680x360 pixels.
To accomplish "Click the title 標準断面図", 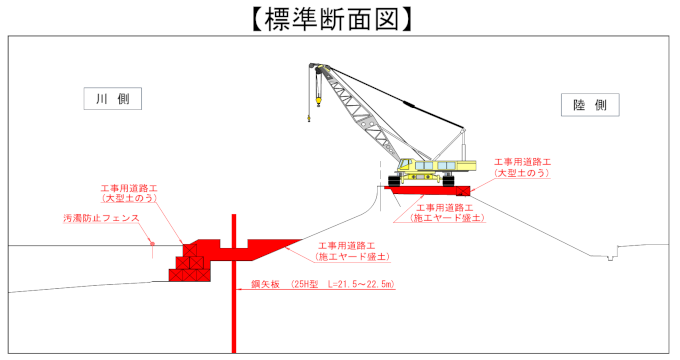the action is coord(332,20).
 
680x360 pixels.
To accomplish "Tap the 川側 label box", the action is coord(113,99).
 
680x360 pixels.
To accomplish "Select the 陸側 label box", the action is coord(590,105).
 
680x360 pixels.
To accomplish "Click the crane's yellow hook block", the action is coord(318,102).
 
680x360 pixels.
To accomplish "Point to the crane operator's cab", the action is coord(405,165).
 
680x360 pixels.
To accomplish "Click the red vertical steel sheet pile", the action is coord(234,283).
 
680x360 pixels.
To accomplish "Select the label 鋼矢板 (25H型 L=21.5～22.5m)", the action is coord(323,285).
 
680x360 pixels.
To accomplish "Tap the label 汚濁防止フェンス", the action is coord(101,218).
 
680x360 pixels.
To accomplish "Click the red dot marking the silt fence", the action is coord(152,244).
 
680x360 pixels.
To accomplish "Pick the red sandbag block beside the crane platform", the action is coord(463,191).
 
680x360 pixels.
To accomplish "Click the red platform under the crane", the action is coord(420,190).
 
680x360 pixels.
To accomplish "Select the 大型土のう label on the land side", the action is coord(523,167).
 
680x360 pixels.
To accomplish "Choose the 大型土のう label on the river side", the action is coord(129,193).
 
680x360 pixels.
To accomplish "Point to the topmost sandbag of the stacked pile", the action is coord(190,250).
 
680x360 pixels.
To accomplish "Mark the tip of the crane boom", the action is coord(313,66).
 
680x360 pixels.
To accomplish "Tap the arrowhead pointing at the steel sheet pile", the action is coord(239,290).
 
